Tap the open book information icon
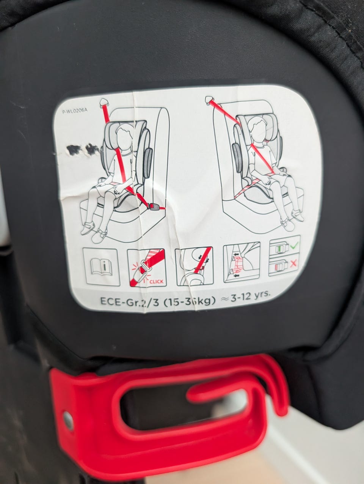[x=101, y=267]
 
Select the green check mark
[x=295, y=245]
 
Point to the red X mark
[x=293, y=263]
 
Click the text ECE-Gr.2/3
[x=130, y=301]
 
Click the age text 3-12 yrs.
[x=250, y=297]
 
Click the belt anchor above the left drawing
[x=104, y=103]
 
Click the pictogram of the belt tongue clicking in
[x=147, y=267]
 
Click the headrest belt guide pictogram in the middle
[x=194, y=266]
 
